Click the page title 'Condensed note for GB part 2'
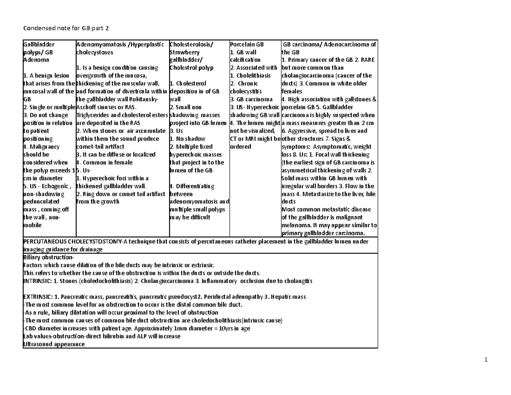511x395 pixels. [x=62, y=29]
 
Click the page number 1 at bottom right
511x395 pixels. [x=486, y=360]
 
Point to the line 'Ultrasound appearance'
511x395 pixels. [x=53, y=344]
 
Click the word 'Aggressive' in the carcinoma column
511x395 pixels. [x=302, y=131]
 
